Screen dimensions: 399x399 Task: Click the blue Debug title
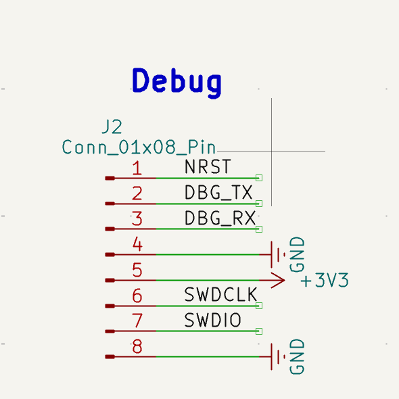tap(177, 83)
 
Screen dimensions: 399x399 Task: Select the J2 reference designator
tap(112, 126)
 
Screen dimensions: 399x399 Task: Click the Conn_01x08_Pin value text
tap(139, 147)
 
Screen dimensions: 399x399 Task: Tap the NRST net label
tap(208, 166)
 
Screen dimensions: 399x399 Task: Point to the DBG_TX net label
tap(218, 192)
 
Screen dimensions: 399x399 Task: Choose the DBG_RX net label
tap(220, 218)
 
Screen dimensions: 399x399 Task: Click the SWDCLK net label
tap(220, 294)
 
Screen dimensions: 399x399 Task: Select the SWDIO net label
tap(212, 320)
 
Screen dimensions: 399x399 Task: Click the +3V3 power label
tap(325, 280)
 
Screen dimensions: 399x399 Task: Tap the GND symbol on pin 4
tap(278, 254)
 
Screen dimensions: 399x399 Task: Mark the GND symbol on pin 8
tap(278, 357)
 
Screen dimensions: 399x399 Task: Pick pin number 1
tap(137, 168)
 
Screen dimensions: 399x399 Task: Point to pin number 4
tap(137, 244)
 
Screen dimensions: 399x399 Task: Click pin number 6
tap(137, 296)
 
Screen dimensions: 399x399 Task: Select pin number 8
tap(137, 346)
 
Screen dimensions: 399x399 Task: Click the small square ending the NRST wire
tap(259, 178)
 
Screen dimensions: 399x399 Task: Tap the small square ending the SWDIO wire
tap(259, 331)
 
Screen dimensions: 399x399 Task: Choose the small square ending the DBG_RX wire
tap(259, 229)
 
